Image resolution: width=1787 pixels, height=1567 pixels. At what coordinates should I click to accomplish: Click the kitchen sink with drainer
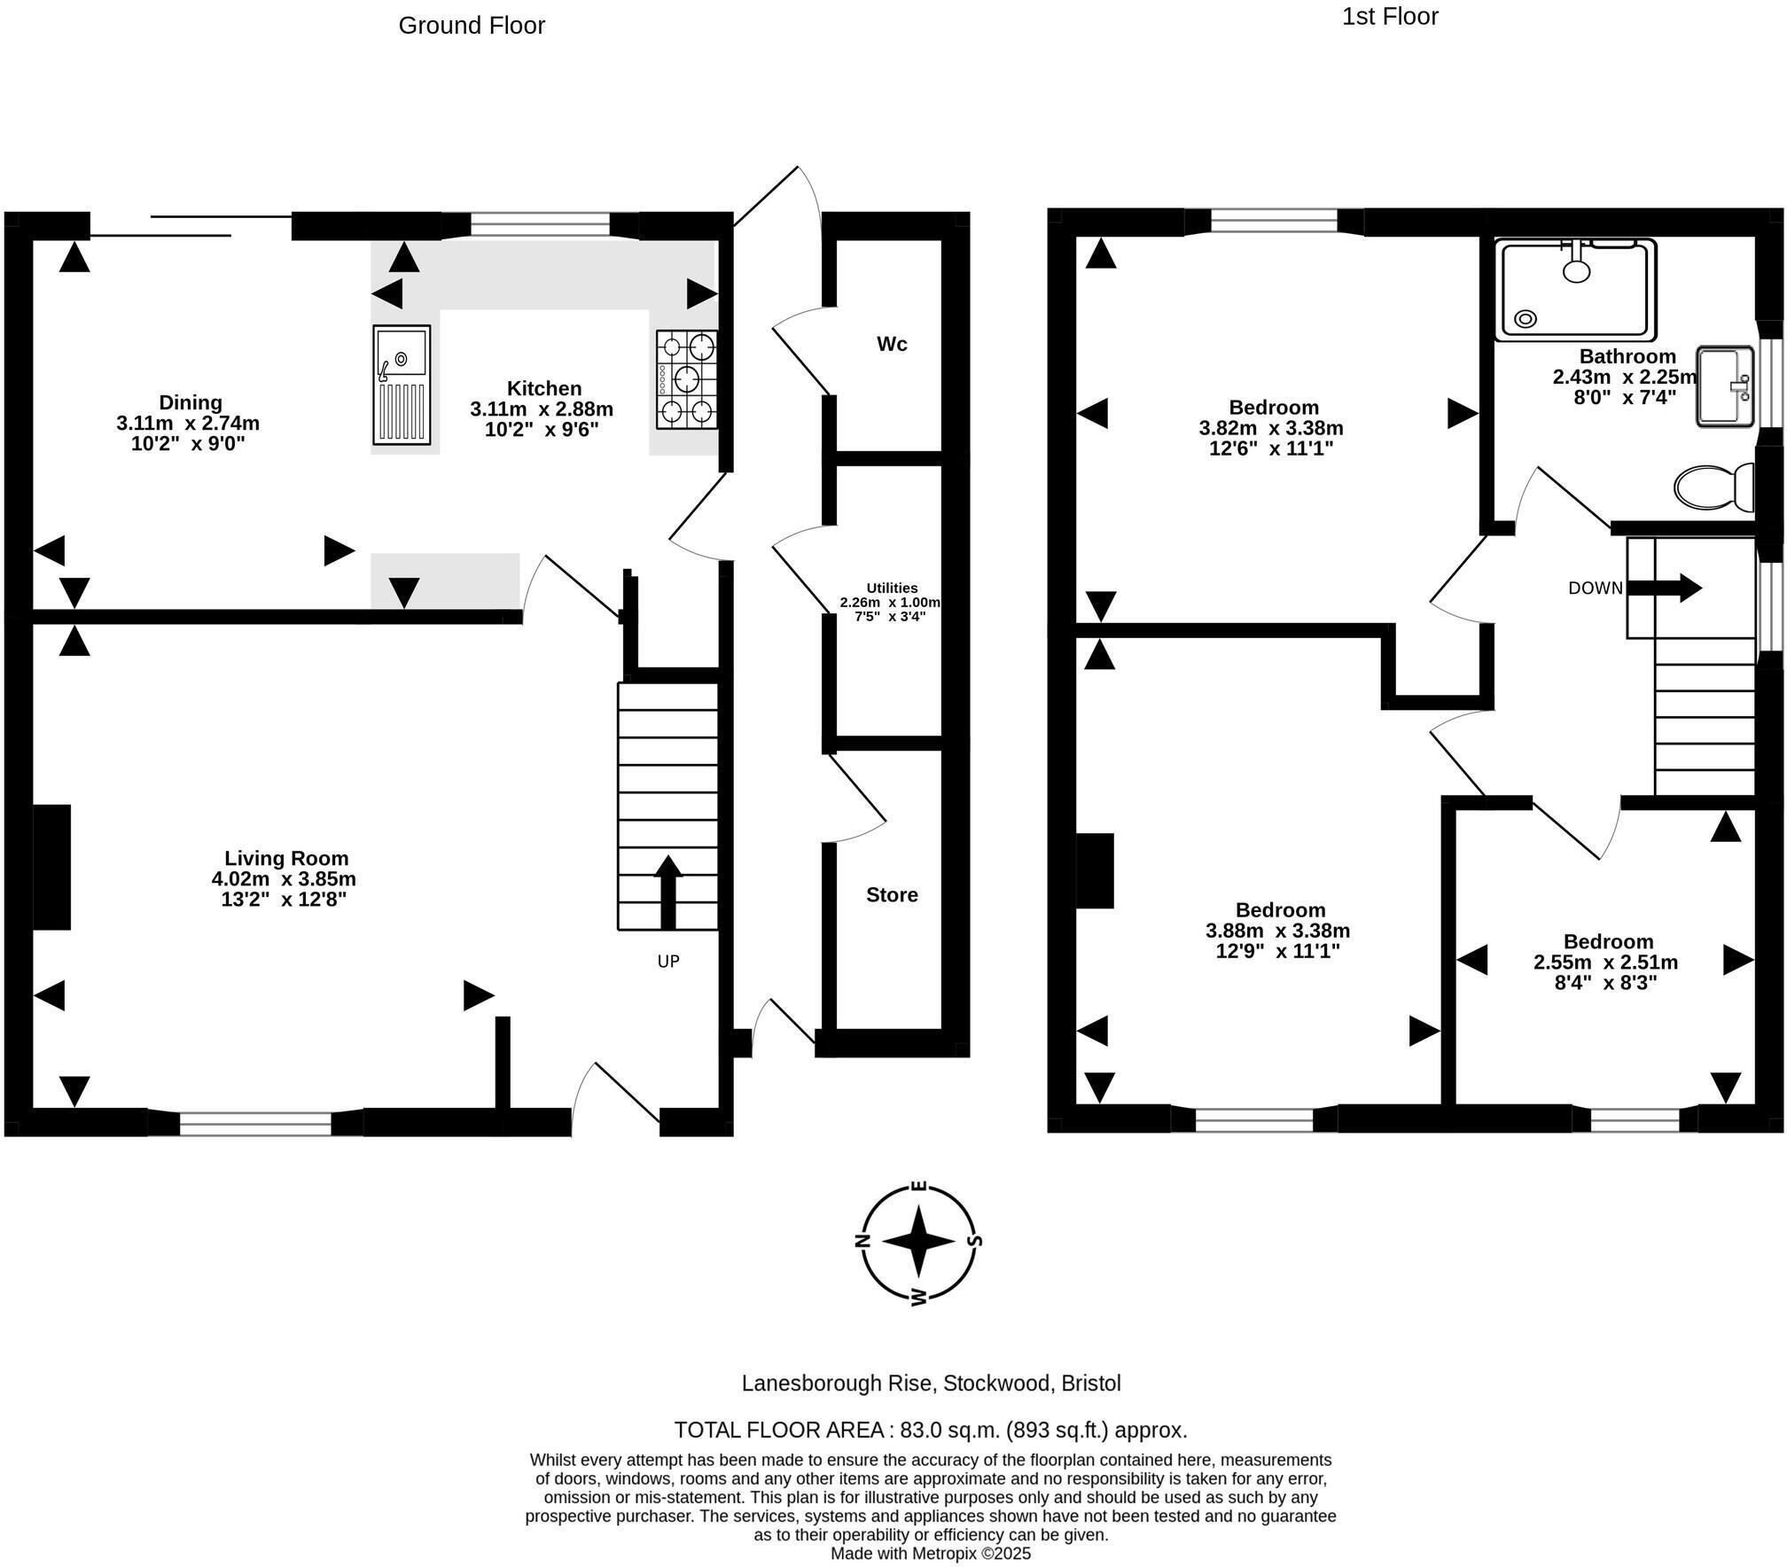coord(402,385)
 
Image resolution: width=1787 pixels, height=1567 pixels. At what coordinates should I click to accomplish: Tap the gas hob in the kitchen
coord(687,379)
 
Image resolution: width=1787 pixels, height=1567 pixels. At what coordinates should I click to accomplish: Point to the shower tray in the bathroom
coord(1575,290)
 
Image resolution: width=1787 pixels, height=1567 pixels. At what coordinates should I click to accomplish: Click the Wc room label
coord(892,344)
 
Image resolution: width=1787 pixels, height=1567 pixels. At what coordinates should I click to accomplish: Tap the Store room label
coord(892,894)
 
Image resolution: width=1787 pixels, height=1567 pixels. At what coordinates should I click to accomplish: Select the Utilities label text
coord(892,588)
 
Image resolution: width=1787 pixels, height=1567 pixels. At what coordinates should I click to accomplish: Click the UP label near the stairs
coord(668,961)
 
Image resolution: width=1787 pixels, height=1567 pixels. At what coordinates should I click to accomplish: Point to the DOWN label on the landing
coord(1596,588)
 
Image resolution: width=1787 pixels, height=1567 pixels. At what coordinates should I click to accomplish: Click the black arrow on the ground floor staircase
coord(668,891)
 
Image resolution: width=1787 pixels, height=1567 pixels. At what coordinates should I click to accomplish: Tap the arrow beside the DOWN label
coord(1666,588)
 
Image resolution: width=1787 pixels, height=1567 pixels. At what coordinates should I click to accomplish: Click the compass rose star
coord(919,1240)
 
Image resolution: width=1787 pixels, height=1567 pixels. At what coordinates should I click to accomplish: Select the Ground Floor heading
coord(472,26)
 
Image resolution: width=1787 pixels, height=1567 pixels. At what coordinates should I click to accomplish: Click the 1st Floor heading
coord(1390,17)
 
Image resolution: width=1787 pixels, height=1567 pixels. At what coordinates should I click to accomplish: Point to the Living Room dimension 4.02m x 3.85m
coord(284,879)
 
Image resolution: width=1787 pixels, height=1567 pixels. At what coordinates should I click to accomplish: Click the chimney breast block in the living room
coord(51,866)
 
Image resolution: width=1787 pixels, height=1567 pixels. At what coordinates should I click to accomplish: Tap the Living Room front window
coord(255,1123)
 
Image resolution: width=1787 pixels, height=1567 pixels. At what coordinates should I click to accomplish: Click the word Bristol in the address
coord(1092,1383)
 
